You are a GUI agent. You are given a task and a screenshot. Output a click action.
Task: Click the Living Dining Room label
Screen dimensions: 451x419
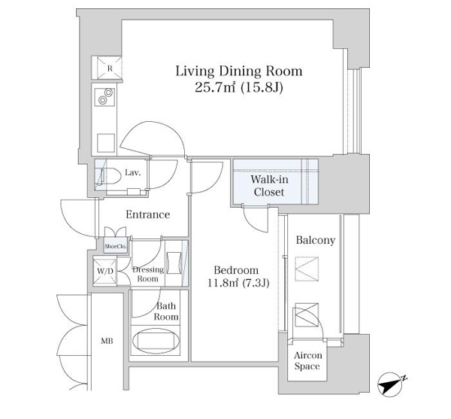tap(239, 71)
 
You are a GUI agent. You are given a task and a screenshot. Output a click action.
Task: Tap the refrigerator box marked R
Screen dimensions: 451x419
tap(109, 68)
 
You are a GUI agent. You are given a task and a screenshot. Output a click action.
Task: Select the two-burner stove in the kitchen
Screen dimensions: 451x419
tap(104, 96)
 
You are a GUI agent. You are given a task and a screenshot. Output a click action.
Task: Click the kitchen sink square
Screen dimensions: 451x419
tap(106, 143)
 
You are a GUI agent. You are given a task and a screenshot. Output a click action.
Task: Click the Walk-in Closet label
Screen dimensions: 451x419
tap(269, 186)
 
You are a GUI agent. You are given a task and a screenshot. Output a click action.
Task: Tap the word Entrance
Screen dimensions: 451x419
tap(148, 214)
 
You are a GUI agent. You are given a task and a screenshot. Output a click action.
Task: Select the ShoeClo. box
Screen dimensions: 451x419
tap(115, 246)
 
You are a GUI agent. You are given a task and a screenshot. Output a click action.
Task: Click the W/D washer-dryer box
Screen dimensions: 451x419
tap(104, 272)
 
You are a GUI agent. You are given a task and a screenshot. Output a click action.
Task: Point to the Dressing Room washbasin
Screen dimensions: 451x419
tap(174, 263)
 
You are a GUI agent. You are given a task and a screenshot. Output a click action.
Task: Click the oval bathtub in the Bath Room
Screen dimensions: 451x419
tap(156, 341)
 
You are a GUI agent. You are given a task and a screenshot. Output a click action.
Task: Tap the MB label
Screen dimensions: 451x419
tap(107, 341)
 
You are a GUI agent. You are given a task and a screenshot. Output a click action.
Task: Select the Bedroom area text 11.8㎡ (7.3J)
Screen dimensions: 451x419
tap(238, 284)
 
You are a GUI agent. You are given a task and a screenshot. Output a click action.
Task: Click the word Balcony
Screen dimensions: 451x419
tap(316, 240)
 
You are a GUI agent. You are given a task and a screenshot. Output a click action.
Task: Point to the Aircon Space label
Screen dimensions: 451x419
tap(307, 360)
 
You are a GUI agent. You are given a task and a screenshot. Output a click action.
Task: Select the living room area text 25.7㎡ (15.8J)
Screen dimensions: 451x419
tap(239, 87)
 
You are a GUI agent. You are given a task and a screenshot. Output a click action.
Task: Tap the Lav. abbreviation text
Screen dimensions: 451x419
tap(133, 173)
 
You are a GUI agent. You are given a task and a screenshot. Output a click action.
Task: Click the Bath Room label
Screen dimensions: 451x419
tap(166, 311)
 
